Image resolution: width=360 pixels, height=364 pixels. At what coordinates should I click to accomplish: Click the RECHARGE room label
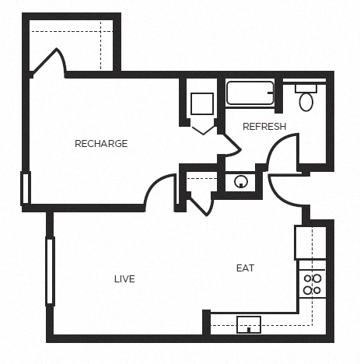[x=101, y=143]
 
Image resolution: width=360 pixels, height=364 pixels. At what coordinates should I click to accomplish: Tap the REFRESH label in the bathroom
[x=264, y=127]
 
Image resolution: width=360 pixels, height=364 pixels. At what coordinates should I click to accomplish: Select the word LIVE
[x=124, y=279]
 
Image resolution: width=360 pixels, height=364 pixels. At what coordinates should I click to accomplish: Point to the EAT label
[x=245, y=268]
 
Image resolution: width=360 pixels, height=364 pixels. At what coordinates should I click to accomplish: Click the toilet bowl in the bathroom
[x=306, y=102]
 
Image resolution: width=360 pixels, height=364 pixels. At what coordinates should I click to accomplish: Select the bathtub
[x=250, y=93]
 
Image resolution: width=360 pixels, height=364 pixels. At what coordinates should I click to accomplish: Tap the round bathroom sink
[x=241, y=181]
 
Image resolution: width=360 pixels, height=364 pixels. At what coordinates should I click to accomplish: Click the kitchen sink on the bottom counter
[x=249, y=324]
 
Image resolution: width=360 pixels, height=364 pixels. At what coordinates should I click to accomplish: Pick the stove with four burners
[x=313, y=284]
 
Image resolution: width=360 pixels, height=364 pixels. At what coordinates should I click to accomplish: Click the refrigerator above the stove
[x=310, y=243]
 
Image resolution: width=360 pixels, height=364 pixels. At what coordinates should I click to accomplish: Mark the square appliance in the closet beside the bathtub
[x=202, y=103]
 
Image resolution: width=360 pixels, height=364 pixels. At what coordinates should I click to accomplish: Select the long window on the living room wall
[x=50, y=271]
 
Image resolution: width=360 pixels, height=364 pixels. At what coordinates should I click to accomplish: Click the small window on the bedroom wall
[x=26, y=188]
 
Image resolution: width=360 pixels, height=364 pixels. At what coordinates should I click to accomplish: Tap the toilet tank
[x=306, y=89]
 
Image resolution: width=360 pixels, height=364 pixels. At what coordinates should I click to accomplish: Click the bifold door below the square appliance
[x=204, y=131]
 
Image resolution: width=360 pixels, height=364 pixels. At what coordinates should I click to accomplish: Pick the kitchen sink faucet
[x=249, y=330]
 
